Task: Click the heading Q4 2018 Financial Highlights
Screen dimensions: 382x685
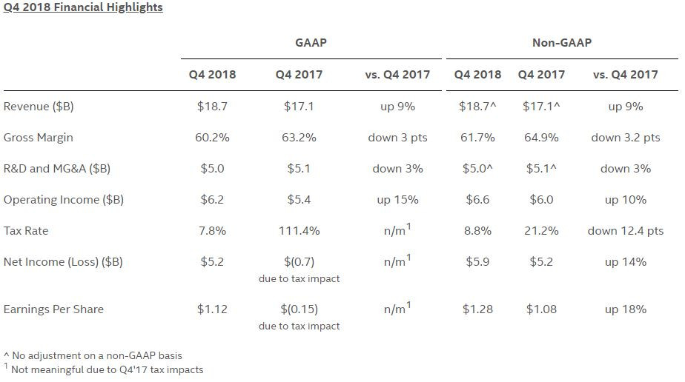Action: (x=83, y=7)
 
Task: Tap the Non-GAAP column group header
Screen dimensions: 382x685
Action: (x=562, y=43)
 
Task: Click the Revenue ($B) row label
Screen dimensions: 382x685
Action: (x=39, y=107)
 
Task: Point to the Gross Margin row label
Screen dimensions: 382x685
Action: (x=39, y=138)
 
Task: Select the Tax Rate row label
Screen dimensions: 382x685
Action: (x=26, y=231)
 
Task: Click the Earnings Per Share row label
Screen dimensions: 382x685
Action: (x=53, y=309)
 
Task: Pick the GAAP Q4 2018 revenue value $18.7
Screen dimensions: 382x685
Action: (x=212, y=107)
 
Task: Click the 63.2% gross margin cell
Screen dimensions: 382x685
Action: (x=299, y=138)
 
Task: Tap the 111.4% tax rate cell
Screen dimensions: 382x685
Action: (x=299, y=231)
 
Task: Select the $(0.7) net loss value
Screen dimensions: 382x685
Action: (x=299, y=262)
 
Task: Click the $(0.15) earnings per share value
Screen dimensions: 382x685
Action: (x=299, y=309)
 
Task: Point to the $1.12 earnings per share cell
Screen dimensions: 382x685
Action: (x=212, y=309)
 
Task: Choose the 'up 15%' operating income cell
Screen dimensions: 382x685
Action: (x=397, y=200)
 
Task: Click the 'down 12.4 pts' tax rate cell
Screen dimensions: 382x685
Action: (x=625, y=231)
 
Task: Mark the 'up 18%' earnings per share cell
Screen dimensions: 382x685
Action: (x=625, y=309)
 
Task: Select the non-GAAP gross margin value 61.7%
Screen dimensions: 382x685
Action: (x=477, y=138)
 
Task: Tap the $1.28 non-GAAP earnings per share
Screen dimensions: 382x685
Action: (x=477, y=309)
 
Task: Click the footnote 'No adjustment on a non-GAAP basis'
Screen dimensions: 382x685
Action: (x=93, y=356)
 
